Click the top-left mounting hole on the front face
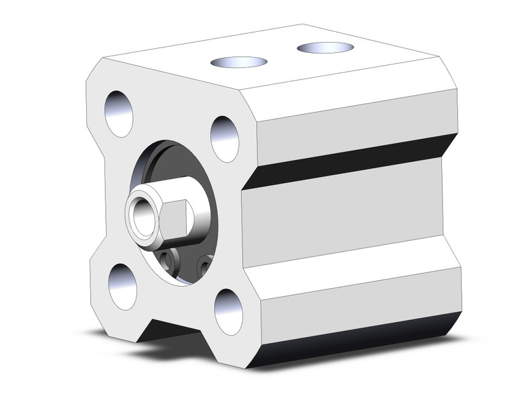click(119, 113)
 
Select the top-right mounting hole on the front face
click(224, 138)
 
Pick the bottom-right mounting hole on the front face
click(228, 311)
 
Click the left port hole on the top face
click(238, 62)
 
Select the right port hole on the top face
click(325, 47)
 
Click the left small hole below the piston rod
click(168, 258)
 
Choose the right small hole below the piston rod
click(203, 264)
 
